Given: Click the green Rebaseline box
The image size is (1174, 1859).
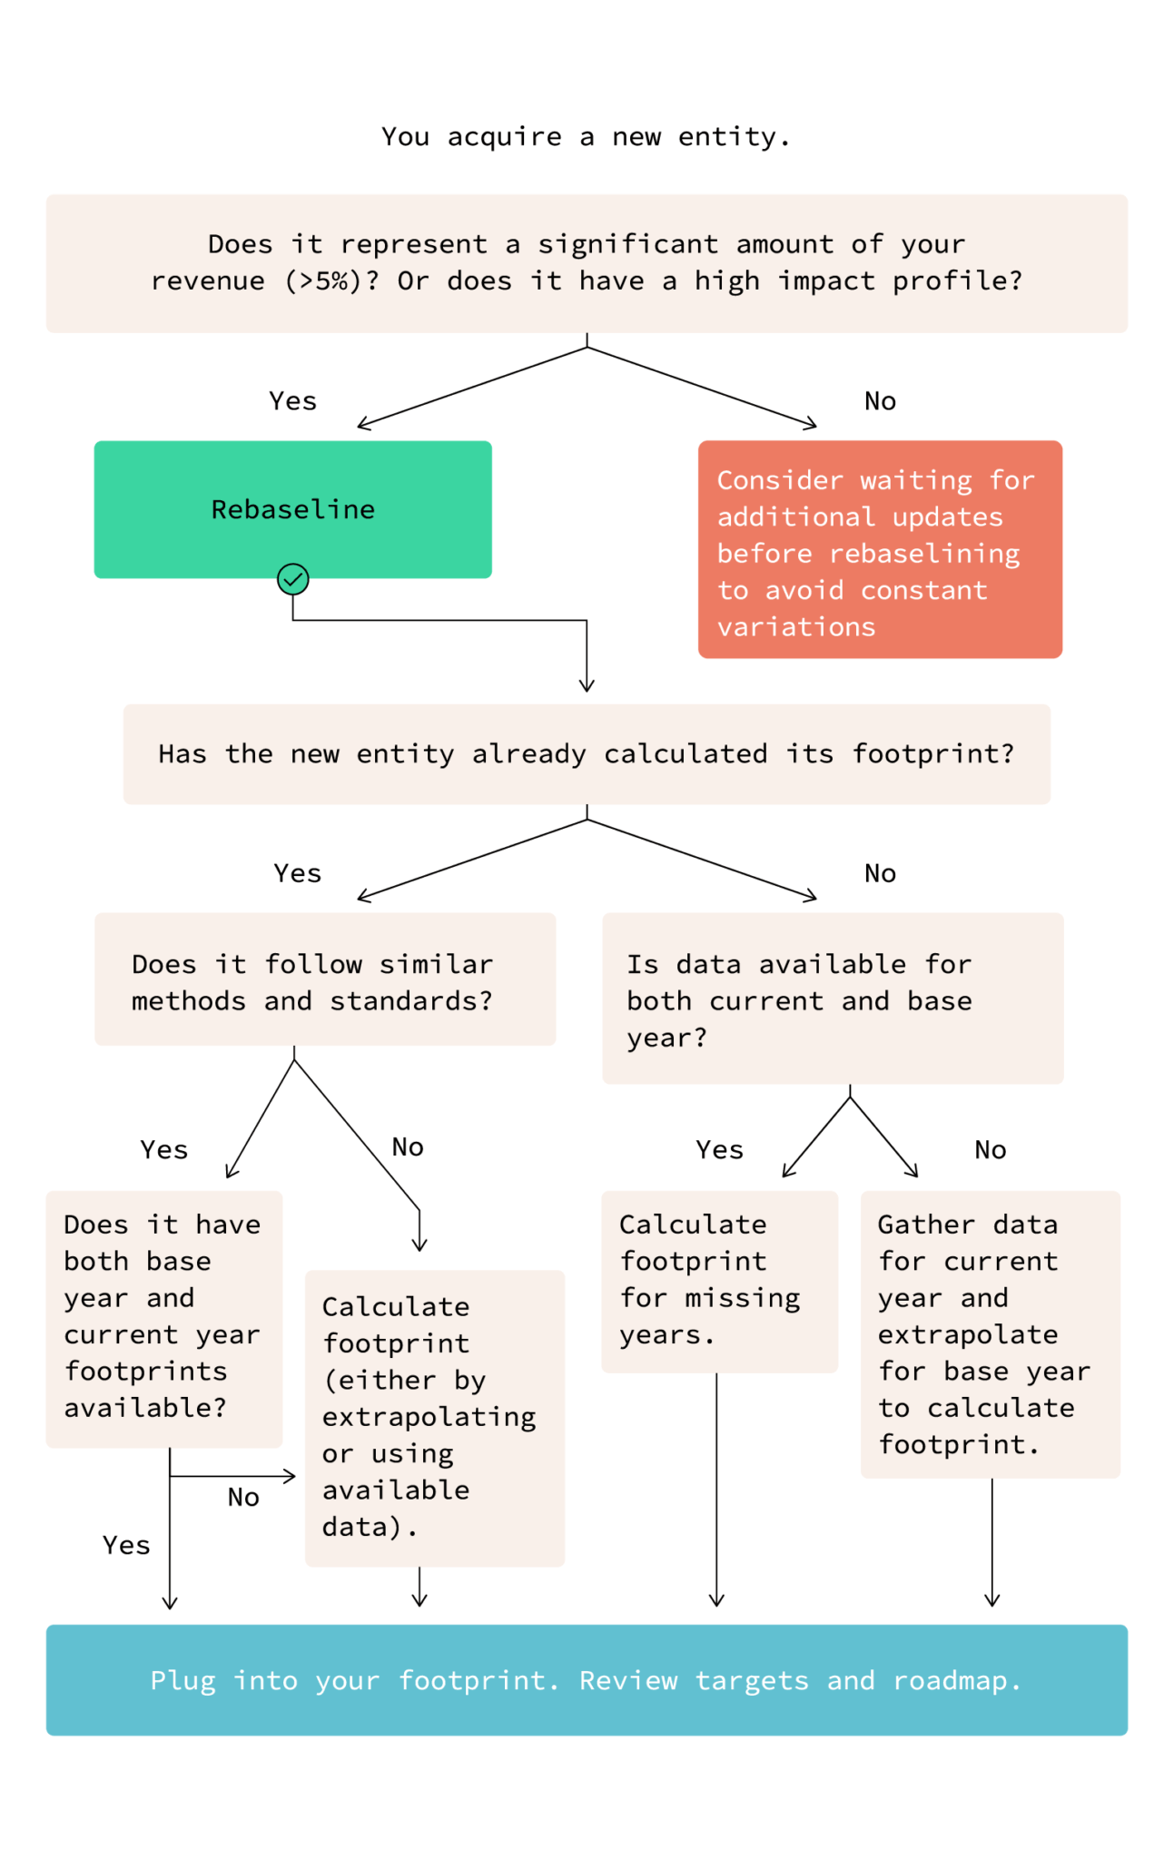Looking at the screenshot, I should tap(292, 509).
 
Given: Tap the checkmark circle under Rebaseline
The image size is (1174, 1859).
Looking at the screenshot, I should tap(292, 579).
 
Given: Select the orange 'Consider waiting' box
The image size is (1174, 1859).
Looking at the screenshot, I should tap(879, 549).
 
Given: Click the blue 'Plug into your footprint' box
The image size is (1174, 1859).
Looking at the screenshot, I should tap(587, 1680).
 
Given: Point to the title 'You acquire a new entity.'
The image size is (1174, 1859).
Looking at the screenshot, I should tap(586, 137).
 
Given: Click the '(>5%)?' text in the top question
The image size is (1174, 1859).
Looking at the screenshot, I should tap(332, 281).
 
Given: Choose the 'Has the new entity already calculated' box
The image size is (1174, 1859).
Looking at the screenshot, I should tap(587, 754).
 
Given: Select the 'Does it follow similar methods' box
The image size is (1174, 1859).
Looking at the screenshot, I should tap(325, 979).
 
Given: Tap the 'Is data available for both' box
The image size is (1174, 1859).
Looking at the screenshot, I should tap(832, 998).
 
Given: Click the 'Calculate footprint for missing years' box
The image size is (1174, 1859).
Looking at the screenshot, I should tap(719, 1281).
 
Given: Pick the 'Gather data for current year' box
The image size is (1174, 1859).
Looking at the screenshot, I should tap(990, 1334).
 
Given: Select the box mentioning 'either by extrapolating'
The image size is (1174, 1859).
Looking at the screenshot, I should tap(434, 1418).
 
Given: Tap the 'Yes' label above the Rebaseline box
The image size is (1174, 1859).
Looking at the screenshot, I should tap(292, 401).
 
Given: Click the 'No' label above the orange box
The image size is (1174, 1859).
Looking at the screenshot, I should tap(880, 401).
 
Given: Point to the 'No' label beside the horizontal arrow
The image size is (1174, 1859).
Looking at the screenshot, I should tap(243, 1498).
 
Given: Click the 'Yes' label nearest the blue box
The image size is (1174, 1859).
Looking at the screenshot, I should tap(126, 1545).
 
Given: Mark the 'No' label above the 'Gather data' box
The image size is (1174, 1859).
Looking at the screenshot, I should tap(990, 1150).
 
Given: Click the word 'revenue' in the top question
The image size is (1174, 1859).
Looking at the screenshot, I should tap(208, 281).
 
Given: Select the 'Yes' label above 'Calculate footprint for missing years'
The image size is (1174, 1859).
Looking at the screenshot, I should tap(719, 1150).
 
